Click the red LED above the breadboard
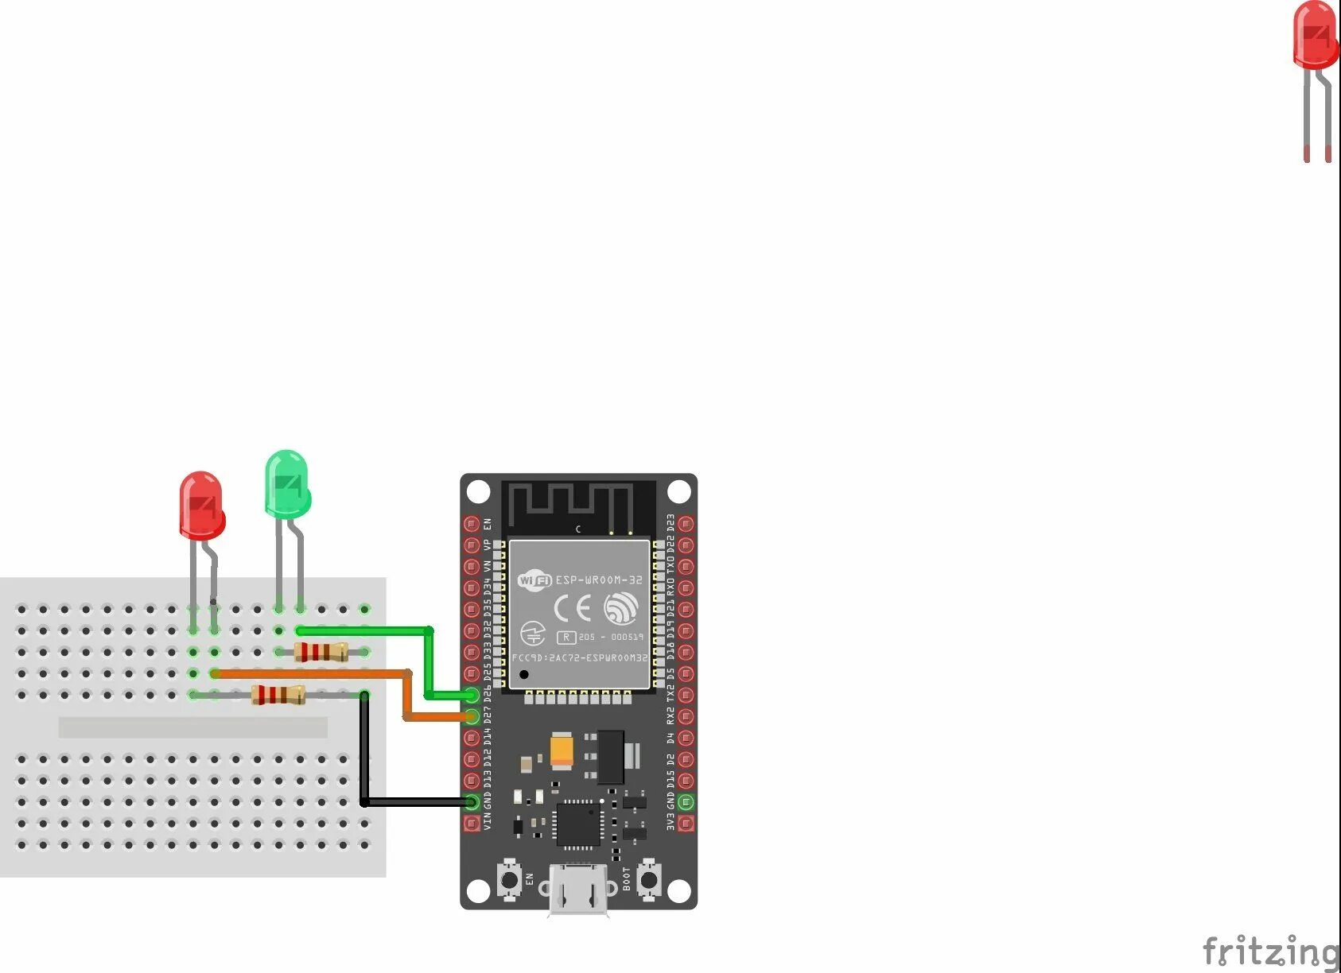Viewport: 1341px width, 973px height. (x=201, y=504)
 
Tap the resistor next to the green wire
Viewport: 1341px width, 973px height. (x=321, y=653)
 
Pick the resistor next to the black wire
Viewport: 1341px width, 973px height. (x=278, y=696)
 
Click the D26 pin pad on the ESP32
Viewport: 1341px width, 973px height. (x=472, y=696)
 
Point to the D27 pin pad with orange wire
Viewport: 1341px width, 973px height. (x=472, y=717)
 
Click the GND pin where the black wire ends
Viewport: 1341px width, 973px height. (x=472, y=802)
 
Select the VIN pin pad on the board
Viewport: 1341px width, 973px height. (x=472, y=824)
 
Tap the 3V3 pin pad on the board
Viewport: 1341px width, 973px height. (x=686, y=824)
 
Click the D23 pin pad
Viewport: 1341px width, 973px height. (x=686, y=524)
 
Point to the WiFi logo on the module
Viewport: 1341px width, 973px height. (x=534, y=580)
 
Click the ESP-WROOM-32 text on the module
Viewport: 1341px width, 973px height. (x=598, y=580)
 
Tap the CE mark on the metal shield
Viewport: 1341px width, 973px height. (x=573, y=609)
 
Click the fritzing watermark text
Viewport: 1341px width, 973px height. (x=1270, y=951)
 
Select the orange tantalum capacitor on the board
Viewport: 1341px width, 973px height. (x=562, y=750)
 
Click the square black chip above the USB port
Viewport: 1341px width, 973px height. (x=578, y=824)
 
